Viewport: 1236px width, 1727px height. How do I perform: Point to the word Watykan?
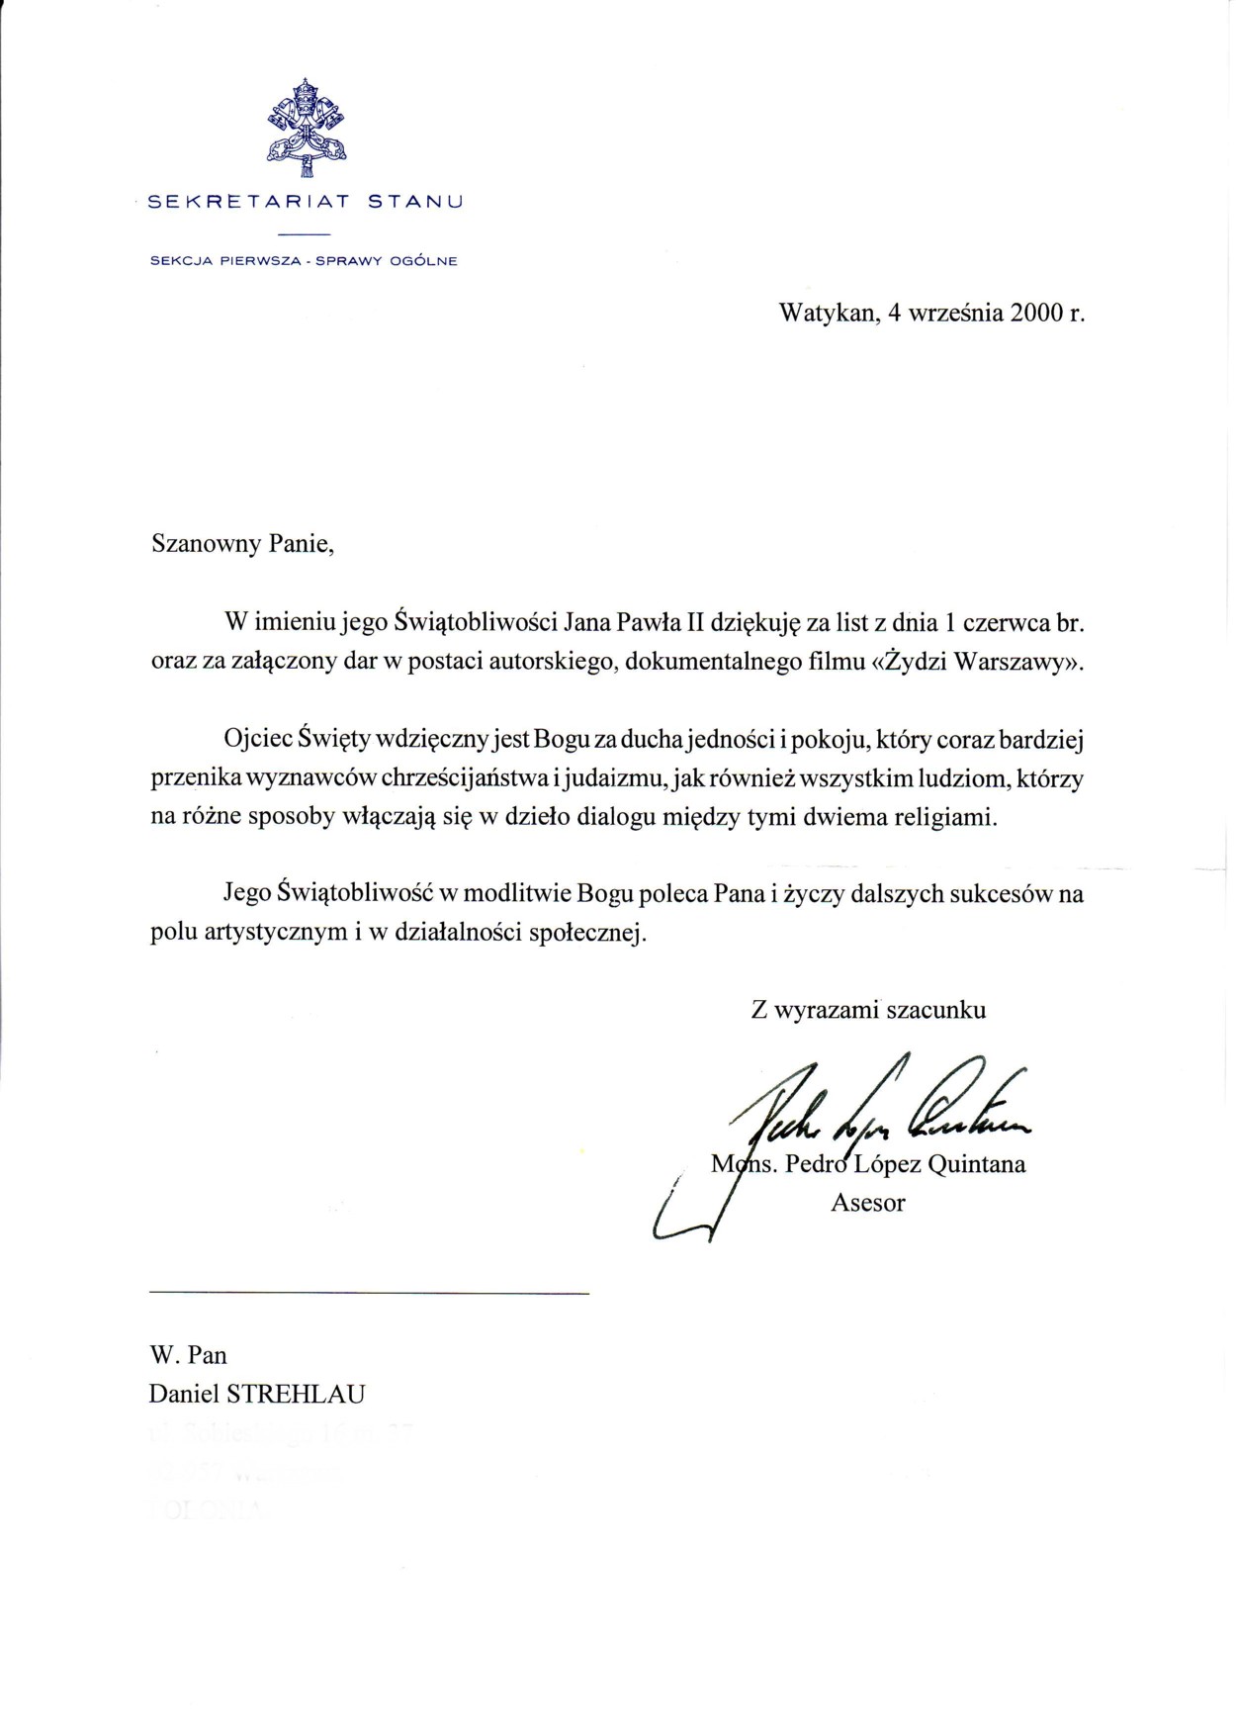click(x=829, y=314)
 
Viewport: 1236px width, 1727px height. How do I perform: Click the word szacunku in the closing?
click(x=935, y=1010)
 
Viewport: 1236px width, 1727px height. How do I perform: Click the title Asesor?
click(x=868, y=1203)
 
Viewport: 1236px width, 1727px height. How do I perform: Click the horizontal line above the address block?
click(x=369, y=1293)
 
